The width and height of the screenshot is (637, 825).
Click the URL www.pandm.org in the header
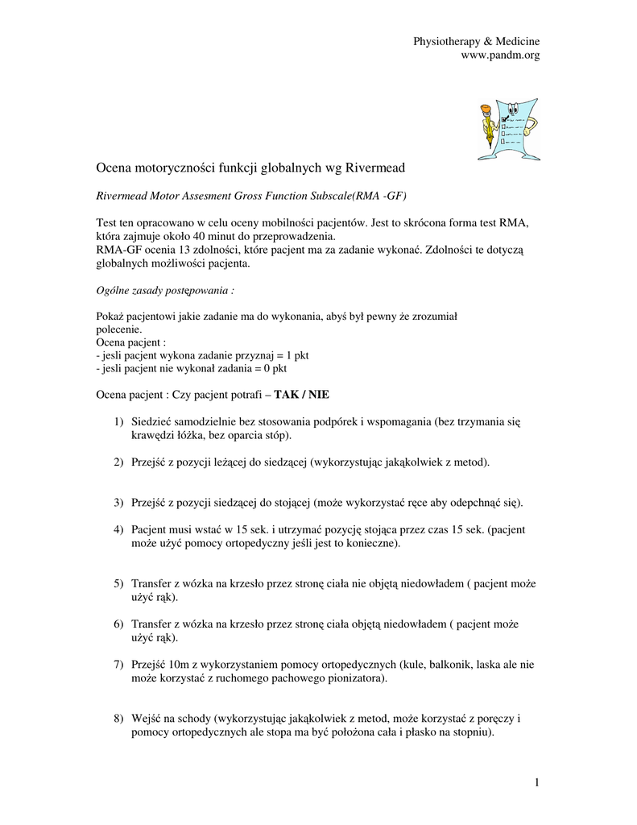pos(499,55)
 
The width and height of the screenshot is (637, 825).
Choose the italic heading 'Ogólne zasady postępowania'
pos(165,289)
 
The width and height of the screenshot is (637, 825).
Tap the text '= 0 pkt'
pos(268,367)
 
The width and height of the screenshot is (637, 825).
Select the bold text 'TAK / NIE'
pos(302,395)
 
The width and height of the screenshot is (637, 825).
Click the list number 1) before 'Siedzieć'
pos(119,422)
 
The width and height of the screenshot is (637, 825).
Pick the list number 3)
pos(119,503)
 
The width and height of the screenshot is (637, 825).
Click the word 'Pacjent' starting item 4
pos(150,529)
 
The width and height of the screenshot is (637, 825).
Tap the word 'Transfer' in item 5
pos(151,583)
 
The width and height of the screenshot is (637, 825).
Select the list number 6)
pos(119,624)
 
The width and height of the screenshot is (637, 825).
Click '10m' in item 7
pos(179,664)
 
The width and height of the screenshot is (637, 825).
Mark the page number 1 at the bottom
pos(535,782)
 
